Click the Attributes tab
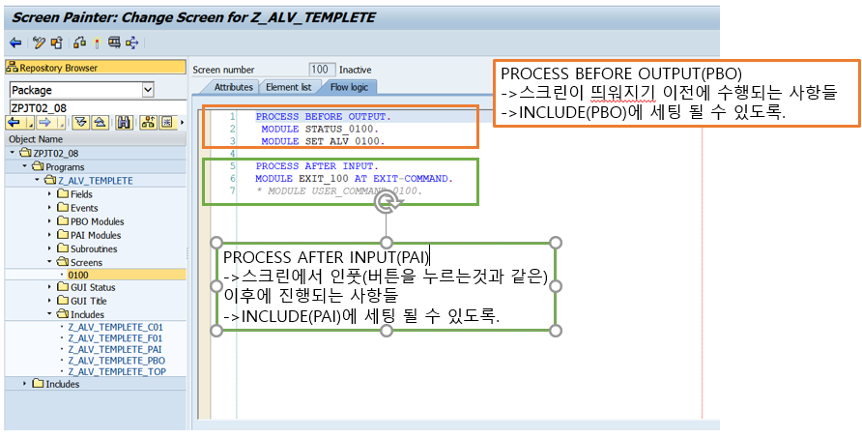(x=233, y=87)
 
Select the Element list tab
(x=288, y=87)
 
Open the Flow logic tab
(x=348, y=87)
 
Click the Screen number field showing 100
(x=321, y=70)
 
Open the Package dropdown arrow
(x=148, y=89)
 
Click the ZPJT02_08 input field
(x=95, y=107)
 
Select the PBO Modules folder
(x=97, y=221)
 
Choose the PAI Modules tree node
(x=96, y=235)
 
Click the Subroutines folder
(x=94, y=248)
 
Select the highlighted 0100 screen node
(x=77, y=275)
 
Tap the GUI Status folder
(x=93, y=287)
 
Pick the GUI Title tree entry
(x=90, y=301)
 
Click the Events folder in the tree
(x=83, y=208)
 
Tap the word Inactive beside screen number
(x=355, y=70)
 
